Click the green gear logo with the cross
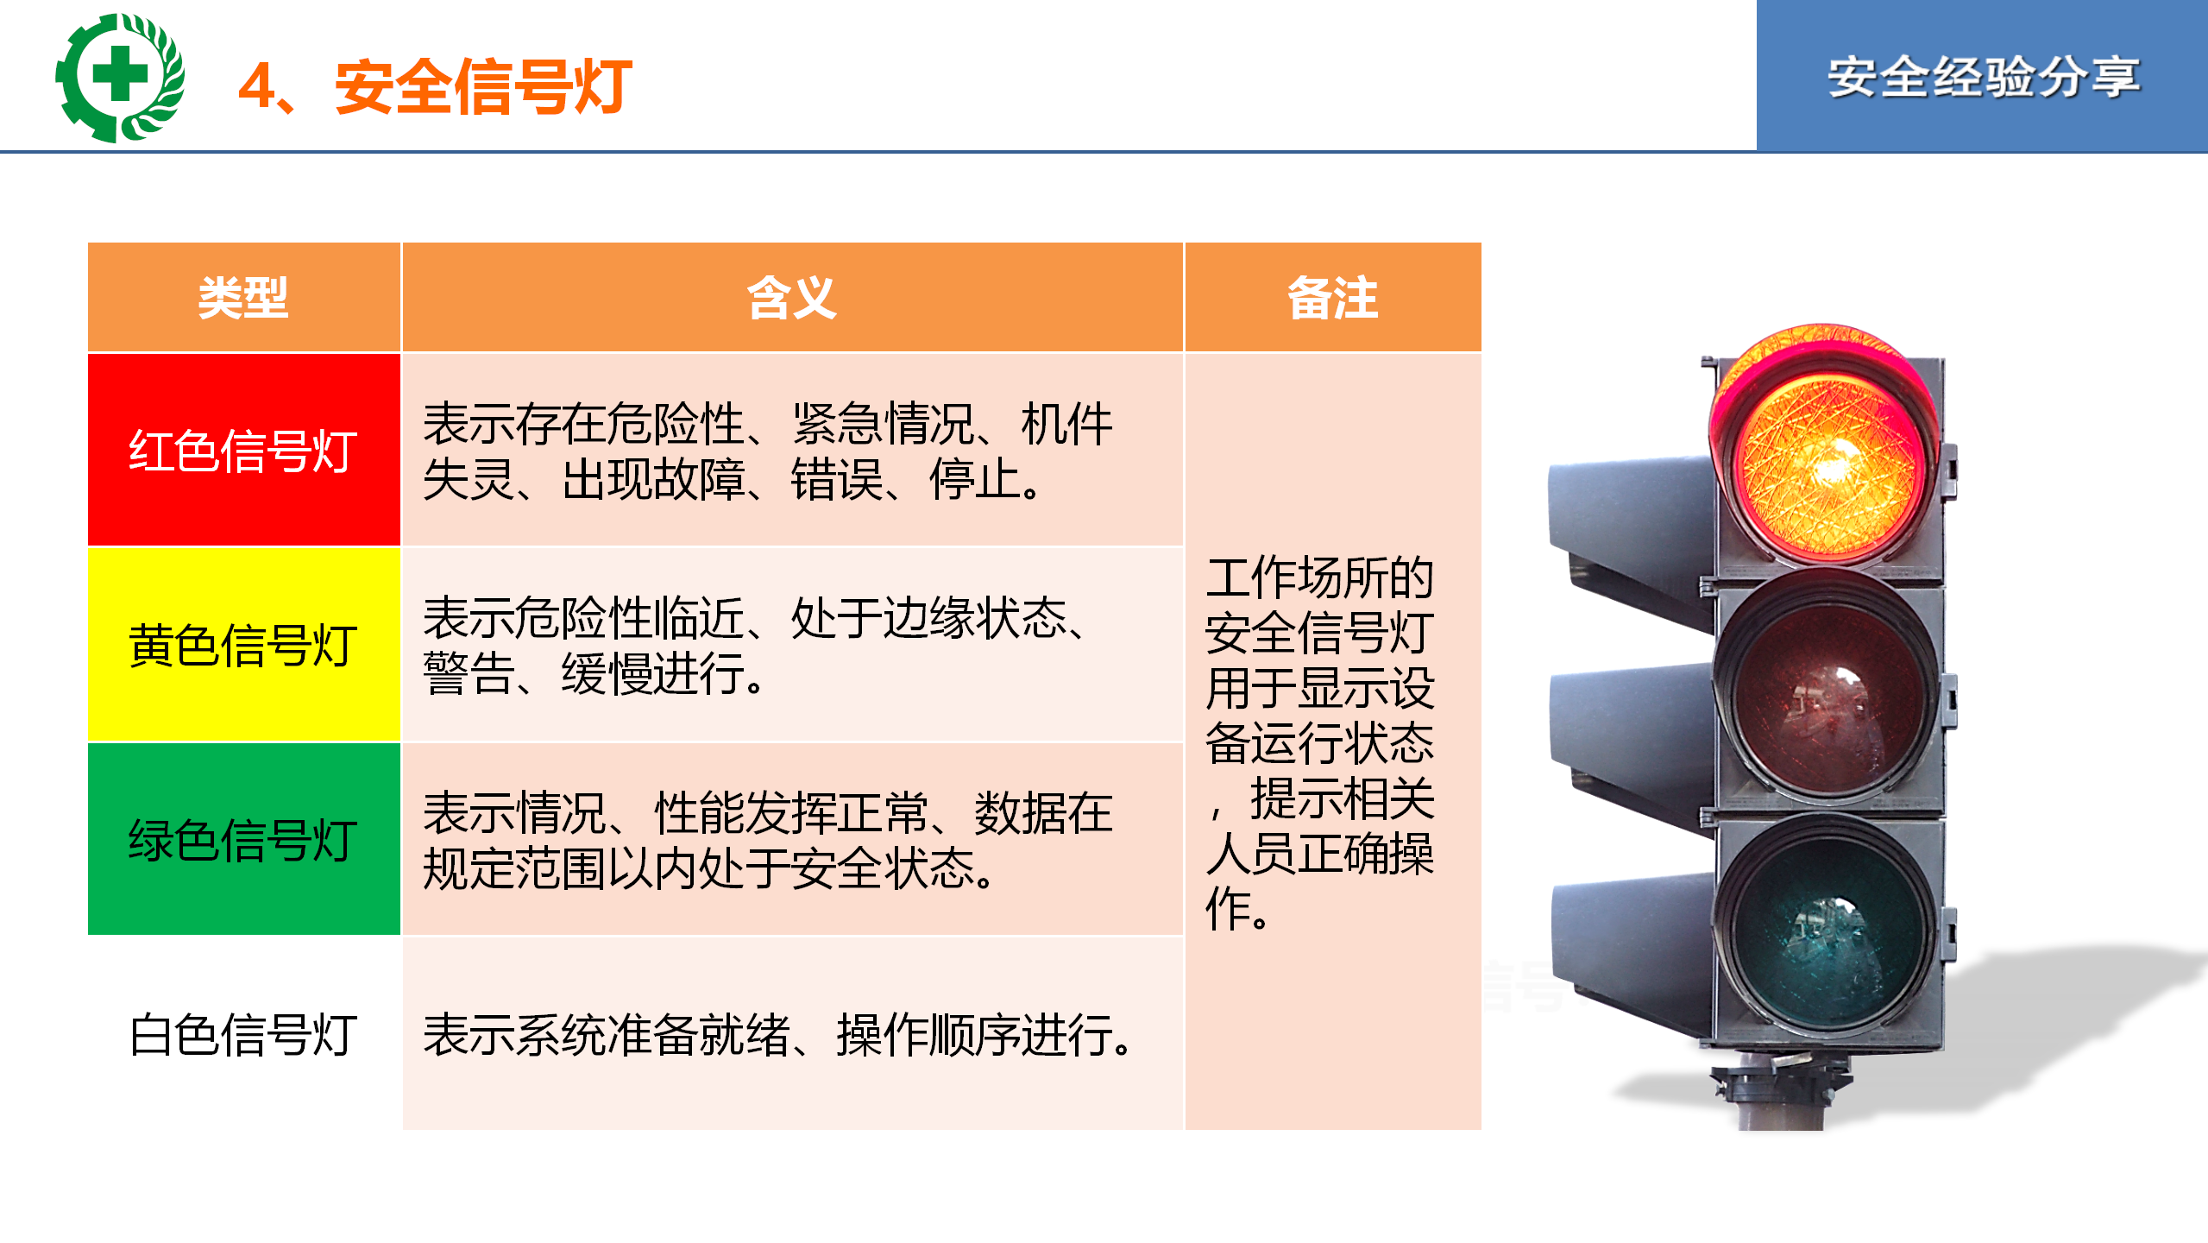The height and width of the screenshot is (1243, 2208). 120,78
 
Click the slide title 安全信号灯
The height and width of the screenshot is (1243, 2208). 483,86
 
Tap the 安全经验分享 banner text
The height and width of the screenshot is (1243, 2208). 1983,78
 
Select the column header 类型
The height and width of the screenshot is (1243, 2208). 243,298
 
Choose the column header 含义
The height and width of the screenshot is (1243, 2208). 792,298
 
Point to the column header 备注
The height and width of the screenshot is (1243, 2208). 1333,298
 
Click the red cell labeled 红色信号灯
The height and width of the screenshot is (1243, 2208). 244,450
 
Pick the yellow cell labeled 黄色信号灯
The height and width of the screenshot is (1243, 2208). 244,645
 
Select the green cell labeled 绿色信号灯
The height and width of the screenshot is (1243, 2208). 244,839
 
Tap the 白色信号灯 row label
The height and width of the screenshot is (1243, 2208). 243,1034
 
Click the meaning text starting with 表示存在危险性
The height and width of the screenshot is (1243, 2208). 768,451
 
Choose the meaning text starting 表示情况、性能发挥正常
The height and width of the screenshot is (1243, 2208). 768,839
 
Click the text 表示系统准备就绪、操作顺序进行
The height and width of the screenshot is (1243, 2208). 777,1034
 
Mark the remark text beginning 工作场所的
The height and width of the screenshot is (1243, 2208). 1320,742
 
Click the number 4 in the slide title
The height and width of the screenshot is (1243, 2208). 256,86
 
